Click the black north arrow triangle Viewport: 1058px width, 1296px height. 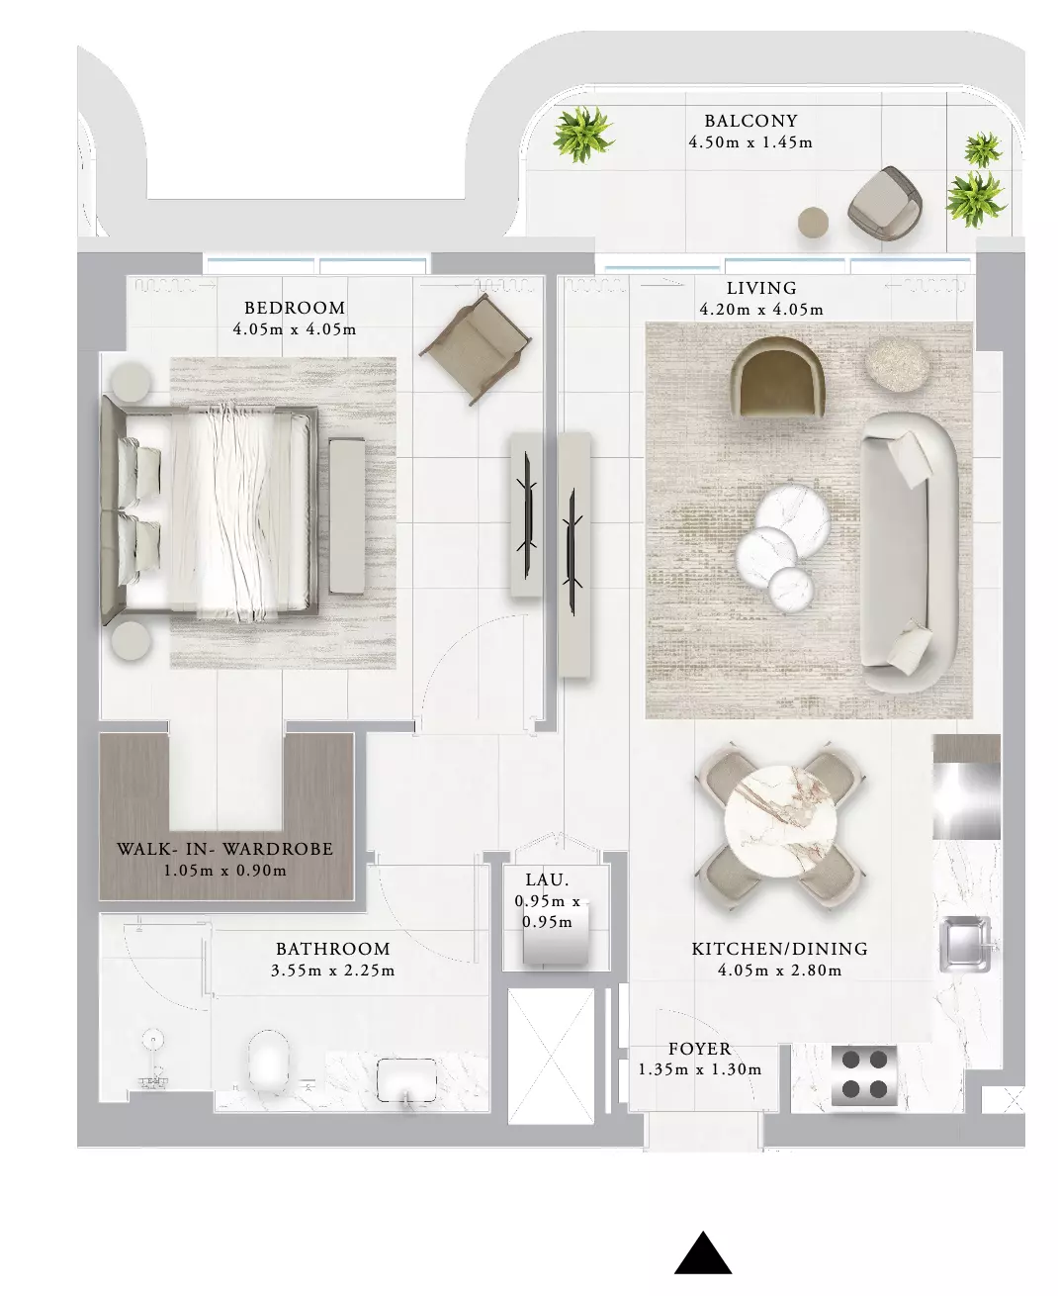[x=702, y=1254]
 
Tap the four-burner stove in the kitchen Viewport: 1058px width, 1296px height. [x=864, y=1075]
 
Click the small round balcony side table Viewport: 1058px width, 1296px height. [x=813, y=222]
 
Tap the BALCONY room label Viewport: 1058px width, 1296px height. [x=750, y=121]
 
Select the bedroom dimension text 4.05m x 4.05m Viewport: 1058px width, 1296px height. [x=294, y=329]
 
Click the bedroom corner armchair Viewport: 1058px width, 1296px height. [x=475, y=348]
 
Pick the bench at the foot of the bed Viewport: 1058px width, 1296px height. [x=347, y=515]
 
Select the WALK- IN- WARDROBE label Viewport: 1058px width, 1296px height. [x=224, y=849]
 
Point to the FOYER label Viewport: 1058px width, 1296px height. [x=699, y=1049]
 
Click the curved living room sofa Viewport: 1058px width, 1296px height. [x=908, y=552]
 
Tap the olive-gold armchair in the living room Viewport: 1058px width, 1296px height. [x=777, y=377]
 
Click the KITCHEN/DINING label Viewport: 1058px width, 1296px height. [x=779, y=949]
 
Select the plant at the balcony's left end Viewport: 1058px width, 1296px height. [x=582, y=134]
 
